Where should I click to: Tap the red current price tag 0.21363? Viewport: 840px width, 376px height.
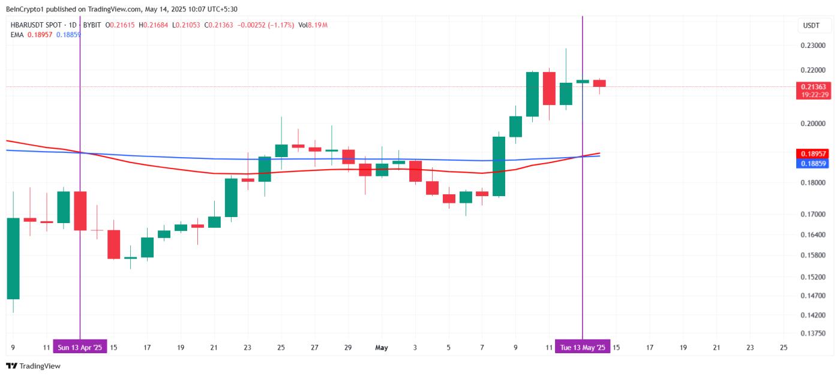click(814, 87)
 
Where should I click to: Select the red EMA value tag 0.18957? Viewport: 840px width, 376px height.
click(814, 154)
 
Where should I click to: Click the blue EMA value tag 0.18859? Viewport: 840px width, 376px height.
click(814, 163)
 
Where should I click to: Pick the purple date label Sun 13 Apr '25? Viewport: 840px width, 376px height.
click(80, 347)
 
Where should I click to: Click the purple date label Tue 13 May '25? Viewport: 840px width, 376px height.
click(582, 347)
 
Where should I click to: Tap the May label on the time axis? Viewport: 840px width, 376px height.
click(382, 347)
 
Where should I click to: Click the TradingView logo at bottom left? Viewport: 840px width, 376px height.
click(34, 366)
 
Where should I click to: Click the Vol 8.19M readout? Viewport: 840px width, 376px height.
click(313, 25)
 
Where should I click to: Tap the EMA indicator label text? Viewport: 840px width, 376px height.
click(17, 35)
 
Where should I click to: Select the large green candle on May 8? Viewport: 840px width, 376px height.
click(499, 166)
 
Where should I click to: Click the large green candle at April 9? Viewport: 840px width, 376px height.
click(13, 258)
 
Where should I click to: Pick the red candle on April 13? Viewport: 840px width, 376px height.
click(80, 210)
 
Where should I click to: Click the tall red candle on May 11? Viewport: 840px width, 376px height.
click(548, 88)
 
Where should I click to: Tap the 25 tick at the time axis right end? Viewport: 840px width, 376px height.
click(783, 347)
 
